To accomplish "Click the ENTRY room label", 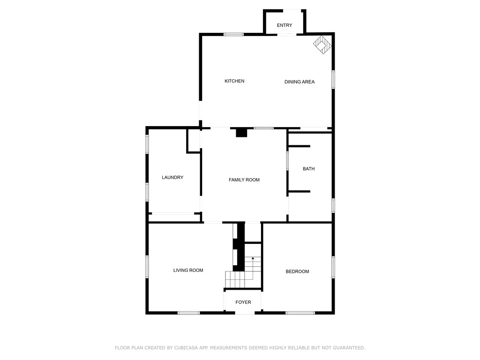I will (x=285, y=25).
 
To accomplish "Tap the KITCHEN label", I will (x=234, y=81).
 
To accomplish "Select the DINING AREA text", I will (x=300, y=82).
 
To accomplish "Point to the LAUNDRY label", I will (x=172, y=178).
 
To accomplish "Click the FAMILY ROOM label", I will (x=244, y=180).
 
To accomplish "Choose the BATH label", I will (x=308, y=169).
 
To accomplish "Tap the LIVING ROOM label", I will (x=188, y=270).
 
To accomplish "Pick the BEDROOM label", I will (x=298, y=271).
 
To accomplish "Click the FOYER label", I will (x=243, y=302).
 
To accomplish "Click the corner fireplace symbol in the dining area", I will (x=322, y=45).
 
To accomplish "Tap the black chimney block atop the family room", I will (x=241, y=133).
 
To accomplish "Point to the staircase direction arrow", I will (x=253, y=258).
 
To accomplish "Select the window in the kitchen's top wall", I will (x=233, y=34).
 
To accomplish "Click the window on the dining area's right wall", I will (x=333, y=79).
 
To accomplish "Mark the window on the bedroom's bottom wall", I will (x=300, y=313).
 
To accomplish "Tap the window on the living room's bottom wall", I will (x=189, y=313).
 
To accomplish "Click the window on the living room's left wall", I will (x=147, y=266).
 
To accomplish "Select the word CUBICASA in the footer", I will (x=174, y=348).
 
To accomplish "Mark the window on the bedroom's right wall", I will (x=333, y=267).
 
